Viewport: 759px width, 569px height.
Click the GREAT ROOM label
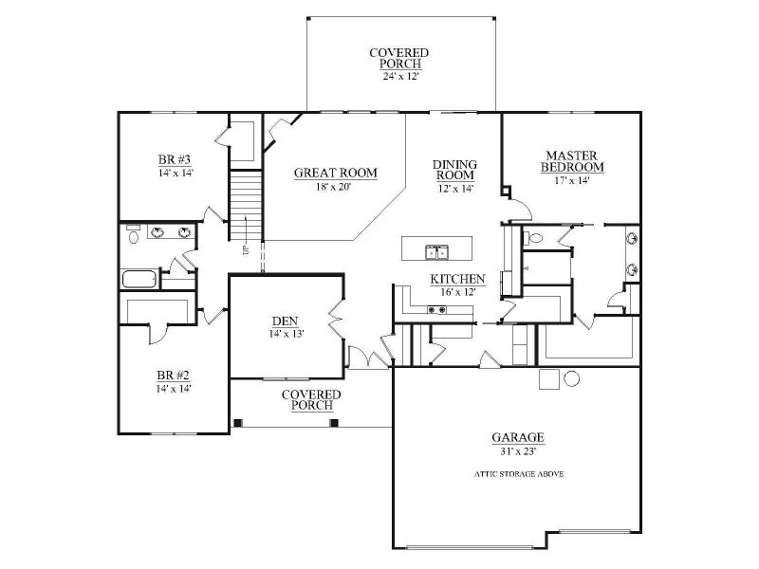(x=336, y=173)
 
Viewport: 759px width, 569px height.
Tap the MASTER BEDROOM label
(x=572, y=161)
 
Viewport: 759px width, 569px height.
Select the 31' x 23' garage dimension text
(x=518, y=452)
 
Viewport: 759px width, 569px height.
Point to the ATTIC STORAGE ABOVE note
(x=519, y=474)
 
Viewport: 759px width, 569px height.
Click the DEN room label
(x=286, y=321)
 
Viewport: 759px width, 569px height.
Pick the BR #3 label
(x=175, y=159)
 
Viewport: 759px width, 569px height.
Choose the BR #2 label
(x=174, y=375)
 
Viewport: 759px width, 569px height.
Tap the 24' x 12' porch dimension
(x=399, y=76)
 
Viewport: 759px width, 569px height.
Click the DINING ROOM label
(x=455, y=170)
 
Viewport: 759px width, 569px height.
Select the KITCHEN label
(x=457, y=279)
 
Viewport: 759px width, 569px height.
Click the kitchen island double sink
(x=437, y=252)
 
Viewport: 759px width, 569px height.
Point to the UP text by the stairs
(x=246, y=250)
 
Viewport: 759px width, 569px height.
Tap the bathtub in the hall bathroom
(x=139, y=279)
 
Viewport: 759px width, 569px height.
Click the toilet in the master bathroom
(x=533, y=238)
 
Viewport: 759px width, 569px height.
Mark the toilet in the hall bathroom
(x=133, y=234)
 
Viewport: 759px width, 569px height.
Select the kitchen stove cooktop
(x=436, y=310)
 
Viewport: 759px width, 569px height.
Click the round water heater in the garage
(x=572, y=378)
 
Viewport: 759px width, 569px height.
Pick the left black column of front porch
(x=237, y=423)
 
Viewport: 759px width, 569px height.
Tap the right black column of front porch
(x=334, y=423)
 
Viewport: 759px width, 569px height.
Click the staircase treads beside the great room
(x=246, y=205)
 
